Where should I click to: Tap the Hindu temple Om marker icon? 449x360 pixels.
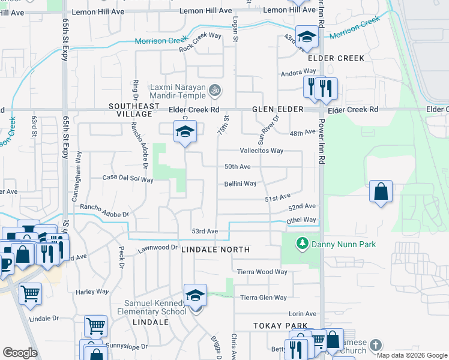pyautogui.click(x=215, y=91)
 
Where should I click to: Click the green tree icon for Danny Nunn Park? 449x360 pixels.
pyautogui.click(x=302, y=244)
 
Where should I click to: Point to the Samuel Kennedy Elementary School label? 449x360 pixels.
pyautogui.click(x=155, y=307)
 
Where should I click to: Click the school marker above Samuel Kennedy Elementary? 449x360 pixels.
pyautogui.click(x=196, y=296)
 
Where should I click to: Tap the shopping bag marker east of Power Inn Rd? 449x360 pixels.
pyautogui.click(x=381, y=193)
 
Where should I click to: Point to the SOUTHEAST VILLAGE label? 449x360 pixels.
pyautogui.click(x=134, y=110)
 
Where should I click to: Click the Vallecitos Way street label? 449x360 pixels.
pyautogui.click(x=262, y=151)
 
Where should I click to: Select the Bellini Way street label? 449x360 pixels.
pyautogui.click(x=241, y=184)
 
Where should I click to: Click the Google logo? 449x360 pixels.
pyautogui.click(x=20, y=353)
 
